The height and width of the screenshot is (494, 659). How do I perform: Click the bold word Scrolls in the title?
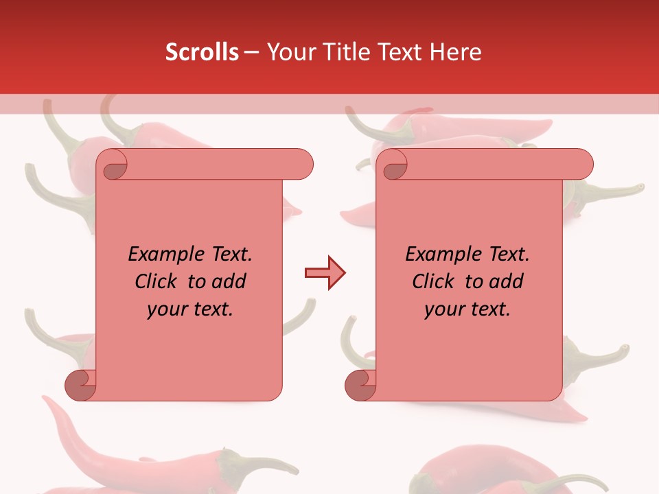pos(202,51)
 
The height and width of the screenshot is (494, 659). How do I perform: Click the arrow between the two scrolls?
pos(325,273)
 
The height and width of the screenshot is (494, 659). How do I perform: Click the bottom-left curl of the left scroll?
pos(80,384)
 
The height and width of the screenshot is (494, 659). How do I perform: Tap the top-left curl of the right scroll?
pos(393,165)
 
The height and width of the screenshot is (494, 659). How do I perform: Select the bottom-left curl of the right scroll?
pos(360,384)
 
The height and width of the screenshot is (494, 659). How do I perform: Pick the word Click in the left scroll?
pos(158,281)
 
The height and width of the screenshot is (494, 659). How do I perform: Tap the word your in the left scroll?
pos(165,309)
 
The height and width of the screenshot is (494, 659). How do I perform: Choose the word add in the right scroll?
pos(504,281)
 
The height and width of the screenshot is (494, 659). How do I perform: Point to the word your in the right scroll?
pos(442,309)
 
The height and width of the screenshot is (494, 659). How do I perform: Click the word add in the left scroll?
pos(227,281)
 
